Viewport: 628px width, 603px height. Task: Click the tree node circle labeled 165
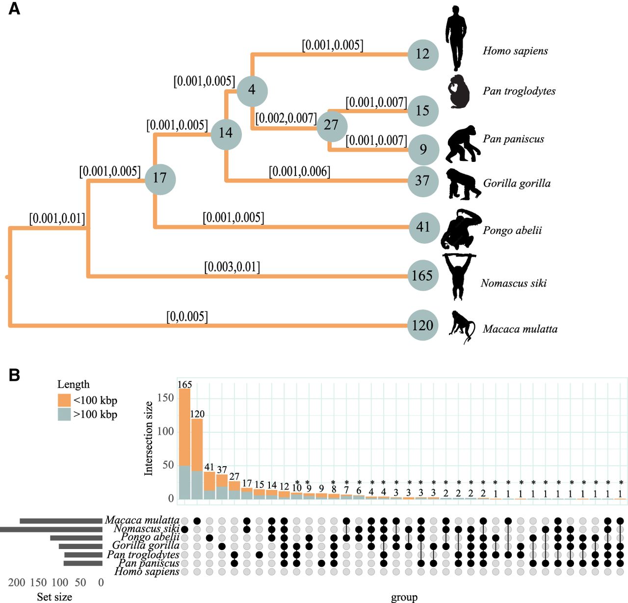click(x=423, y=275)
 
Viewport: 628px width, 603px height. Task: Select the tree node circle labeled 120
click(x=423, y=325)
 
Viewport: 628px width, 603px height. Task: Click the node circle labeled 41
click(x=423, y=228)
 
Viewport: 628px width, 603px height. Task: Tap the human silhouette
click(x=456, y=38)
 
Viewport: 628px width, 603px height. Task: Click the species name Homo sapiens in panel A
click(x=515, y=51)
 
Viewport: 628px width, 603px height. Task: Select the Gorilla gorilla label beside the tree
click(x=517, y=184)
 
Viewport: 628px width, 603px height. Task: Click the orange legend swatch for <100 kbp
click(x=64, y=400)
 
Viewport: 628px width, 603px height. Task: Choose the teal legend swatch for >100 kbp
click(x=64, y=414)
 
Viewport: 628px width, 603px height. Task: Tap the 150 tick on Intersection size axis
click(x=165, y=398)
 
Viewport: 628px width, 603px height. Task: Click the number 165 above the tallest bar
click(x=184, y=385)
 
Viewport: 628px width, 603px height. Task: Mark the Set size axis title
click(x=54, y=597)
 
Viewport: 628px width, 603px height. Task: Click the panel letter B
click(x=15, y=375)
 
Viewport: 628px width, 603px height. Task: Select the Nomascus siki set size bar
click(x=51, y=530)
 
